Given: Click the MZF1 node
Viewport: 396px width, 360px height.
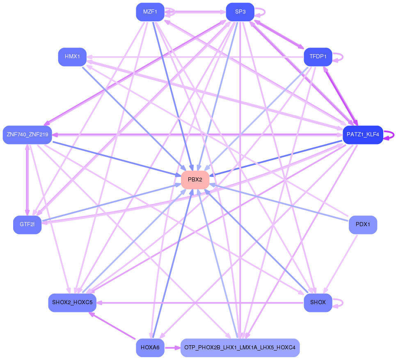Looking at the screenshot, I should coord(150,12).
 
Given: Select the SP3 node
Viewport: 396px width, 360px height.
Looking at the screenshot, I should coord(240,12).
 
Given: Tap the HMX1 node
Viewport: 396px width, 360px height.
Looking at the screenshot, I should coord(72,56).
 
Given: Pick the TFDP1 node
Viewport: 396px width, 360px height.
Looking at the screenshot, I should coord(318,57).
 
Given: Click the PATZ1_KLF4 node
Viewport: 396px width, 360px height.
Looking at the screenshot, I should coord(363,135).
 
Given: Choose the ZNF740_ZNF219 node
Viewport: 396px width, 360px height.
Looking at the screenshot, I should coord(27,135).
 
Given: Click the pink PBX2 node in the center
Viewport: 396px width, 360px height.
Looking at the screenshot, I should coord(195,180).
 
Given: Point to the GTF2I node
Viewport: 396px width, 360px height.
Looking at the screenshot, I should coord(27,225).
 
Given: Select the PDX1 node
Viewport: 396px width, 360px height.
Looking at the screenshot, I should coord(363,225).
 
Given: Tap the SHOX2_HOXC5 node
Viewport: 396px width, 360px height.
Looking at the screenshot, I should coord(72,303).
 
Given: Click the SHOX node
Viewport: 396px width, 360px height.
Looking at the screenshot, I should coord(318,303).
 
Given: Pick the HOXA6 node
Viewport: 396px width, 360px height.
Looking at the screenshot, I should coord(150,348).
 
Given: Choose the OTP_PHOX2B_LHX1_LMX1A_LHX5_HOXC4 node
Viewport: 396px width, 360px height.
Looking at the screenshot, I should coord(240,348).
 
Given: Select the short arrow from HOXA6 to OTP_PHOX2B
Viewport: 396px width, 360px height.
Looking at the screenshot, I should coord(172,348).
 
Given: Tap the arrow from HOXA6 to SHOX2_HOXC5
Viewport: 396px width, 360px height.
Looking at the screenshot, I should coord(113,326).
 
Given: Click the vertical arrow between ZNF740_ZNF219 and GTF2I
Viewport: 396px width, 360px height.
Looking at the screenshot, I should coord(27,180).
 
